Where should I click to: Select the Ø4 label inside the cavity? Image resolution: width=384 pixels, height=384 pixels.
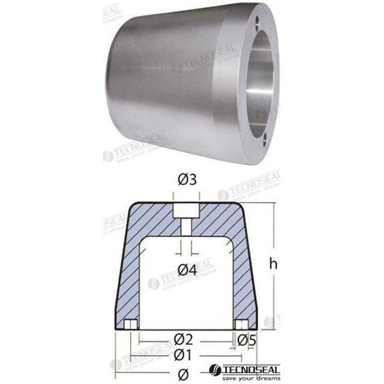(x=188, y=270)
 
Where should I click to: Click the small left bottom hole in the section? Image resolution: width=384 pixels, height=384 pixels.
(x=131, y=325)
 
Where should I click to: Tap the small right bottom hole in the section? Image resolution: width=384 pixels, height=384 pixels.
(x=244, y=325)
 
